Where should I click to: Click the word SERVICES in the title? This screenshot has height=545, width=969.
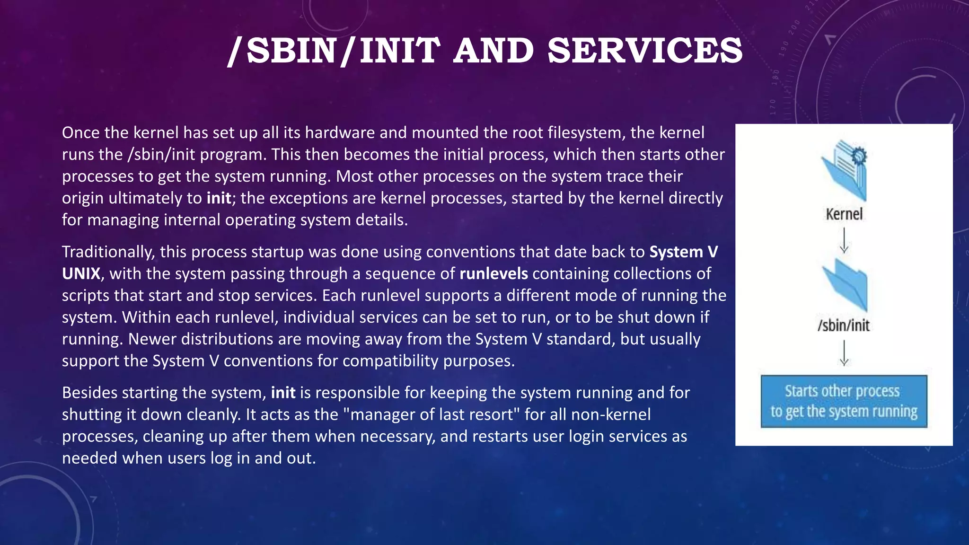click(645, 51)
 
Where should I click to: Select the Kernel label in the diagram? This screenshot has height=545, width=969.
click(844, 214)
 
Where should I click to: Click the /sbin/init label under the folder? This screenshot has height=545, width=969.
click(844, 325)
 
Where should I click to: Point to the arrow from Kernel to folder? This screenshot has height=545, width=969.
click(844, 240)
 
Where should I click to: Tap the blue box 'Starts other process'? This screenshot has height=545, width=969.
click(844, 401)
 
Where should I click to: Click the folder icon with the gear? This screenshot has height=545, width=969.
click(845, 170)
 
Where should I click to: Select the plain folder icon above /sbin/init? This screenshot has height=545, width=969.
click(845, 285)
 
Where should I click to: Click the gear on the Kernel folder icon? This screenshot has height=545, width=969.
click(859, 156)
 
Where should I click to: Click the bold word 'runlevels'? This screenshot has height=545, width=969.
click(493, 273)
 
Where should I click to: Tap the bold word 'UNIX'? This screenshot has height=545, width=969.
click(81, 273)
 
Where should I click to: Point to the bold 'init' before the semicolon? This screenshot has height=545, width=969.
click(219, 198)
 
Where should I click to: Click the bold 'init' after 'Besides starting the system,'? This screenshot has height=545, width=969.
click(283, 393)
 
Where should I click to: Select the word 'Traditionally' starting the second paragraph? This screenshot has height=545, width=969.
click(108, 252)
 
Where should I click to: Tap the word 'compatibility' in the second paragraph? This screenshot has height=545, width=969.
click(390, 360)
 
